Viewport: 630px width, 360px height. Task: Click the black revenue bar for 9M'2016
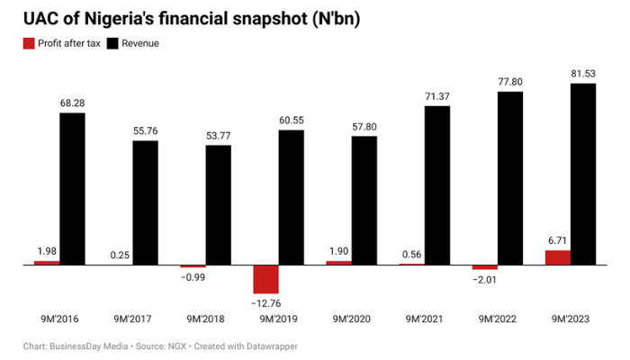point(73,189)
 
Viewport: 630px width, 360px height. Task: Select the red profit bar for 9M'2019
point(265,279)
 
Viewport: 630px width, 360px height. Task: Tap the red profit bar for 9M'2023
point(558,257)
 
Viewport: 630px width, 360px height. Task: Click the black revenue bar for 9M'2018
point(219,205)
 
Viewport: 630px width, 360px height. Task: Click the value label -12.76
point(265,301)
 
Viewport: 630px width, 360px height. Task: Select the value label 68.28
point(73,103)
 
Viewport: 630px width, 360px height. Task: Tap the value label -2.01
point(485,279)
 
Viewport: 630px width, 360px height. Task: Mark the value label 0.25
point(120,256)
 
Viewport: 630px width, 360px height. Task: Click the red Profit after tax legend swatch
point(29,43)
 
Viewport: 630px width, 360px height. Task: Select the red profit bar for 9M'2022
point(485,267)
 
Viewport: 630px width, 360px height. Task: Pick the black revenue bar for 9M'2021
point(437,185)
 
